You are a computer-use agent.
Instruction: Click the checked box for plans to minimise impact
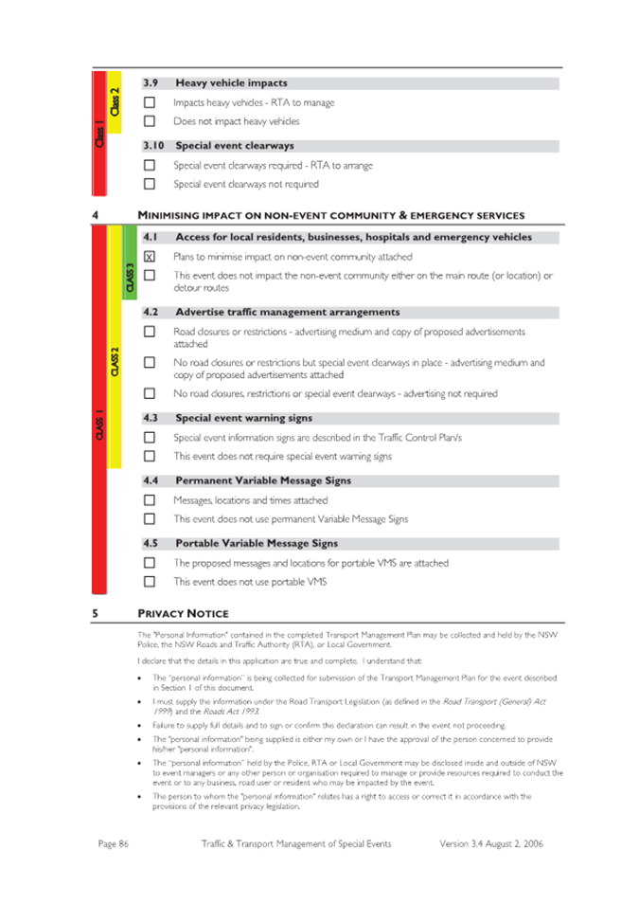pyautogui.click(x=149, y=257)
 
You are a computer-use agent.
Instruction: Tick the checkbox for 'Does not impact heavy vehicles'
pyautogui.click(x=149, y=121)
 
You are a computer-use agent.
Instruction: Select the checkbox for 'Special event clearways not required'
pyautogui.click(x=149, y=184)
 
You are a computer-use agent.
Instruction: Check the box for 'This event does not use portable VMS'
pyautogui.click(x=149, y=582)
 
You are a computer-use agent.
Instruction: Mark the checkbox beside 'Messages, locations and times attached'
pyautogui.click(x=149, y=499)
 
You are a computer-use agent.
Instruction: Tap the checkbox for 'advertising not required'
pyautogui.click(x=149, y=393)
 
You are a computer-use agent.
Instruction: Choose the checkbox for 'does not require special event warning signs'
pyautogui.click(x=149, y=456)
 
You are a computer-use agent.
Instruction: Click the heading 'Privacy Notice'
pyautogui.click(x=183, y=612)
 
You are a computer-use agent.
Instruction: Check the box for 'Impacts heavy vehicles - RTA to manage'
pyautogui.click(x=149, y=102)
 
